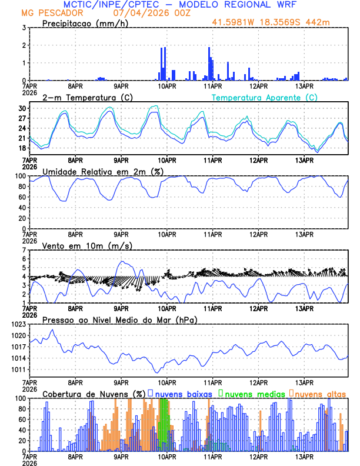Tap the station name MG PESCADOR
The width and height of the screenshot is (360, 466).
(52, 12)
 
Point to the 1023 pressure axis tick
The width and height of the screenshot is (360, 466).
(18, 324)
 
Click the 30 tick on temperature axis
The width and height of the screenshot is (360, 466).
(22, 108)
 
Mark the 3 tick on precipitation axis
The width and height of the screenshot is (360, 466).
(24, 28)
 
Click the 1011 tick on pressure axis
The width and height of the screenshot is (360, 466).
(18, 370)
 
